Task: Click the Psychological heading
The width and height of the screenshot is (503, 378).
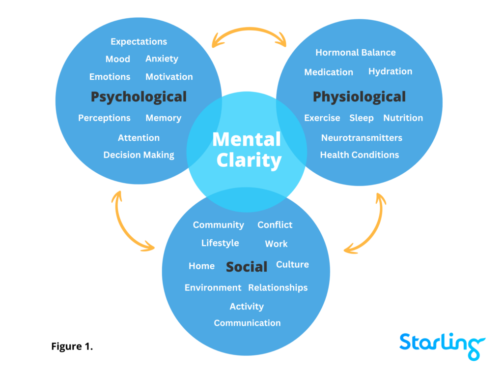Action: coord(139,96)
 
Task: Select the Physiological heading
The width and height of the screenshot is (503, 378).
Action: coord(359,96)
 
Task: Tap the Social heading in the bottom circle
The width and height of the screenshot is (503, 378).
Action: coord(247,267)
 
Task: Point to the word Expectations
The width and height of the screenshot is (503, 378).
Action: coord(139,42)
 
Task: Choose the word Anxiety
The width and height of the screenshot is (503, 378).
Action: coord(162,59)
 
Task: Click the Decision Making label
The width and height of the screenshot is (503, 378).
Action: coord(139,155)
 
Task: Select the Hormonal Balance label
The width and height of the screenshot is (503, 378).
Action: coord(355,53)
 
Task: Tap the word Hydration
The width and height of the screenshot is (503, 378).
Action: coord(390,71)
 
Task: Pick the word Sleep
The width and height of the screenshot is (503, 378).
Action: coord(361,118)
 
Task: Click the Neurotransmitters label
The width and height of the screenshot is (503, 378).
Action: coord(362,138)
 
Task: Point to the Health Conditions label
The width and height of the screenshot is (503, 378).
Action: coord(359,155)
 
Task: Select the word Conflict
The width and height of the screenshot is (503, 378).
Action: coord(275,225)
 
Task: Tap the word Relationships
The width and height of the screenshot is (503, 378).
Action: coord(278,288)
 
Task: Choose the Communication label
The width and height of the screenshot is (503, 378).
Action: coord(247,323)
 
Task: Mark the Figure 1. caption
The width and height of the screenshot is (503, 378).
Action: coord(72,346)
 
